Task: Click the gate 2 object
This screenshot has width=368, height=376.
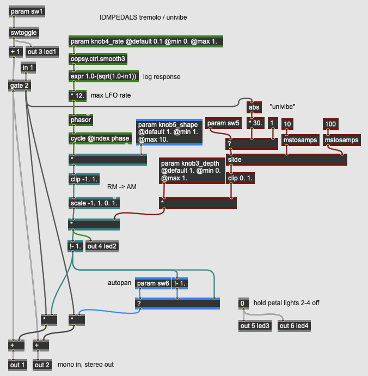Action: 20,85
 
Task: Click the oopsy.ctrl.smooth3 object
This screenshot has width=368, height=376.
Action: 98,59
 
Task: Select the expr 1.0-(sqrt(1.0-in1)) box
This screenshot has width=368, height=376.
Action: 104,76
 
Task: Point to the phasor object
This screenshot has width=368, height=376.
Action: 81,120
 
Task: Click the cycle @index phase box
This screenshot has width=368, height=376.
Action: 100,138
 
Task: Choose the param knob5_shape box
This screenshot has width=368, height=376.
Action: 169,132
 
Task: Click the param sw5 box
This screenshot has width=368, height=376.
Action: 223,123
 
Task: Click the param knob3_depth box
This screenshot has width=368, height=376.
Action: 192,171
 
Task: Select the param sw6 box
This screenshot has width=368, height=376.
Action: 153,283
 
